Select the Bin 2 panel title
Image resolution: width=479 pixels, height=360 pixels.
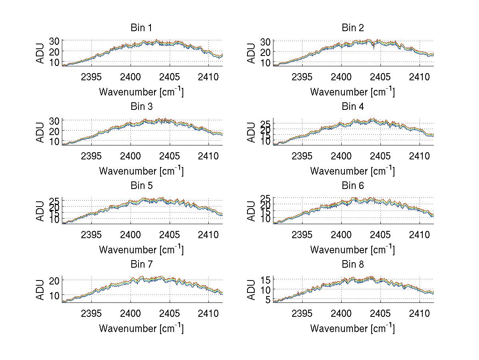coord(352,28)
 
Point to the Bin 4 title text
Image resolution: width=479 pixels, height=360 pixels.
coord(352,107)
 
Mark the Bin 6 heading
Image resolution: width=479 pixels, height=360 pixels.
coord(352,186)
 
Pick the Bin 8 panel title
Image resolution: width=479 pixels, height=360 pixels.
coord(352,265)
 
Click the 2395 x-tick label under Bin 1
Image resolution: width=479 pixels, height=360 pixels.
coord(91,77)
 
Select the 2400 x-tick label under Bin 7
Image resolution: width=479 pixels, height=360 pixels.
coord(130,313)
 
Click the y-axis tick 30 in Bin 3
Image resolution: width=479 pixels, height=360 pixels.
coord(55,120)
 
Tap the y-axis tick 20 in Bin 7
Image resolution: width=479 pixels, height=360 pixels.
coord(55,280)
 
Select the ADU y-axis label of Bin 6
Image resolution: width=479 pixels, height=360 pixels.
coord(252,211)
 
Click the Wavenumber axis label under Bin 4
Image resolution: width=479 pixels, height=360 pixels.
coord(352,171)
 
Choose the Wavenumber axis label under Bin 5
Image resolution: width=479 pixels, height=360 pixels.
coord(141,250)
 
